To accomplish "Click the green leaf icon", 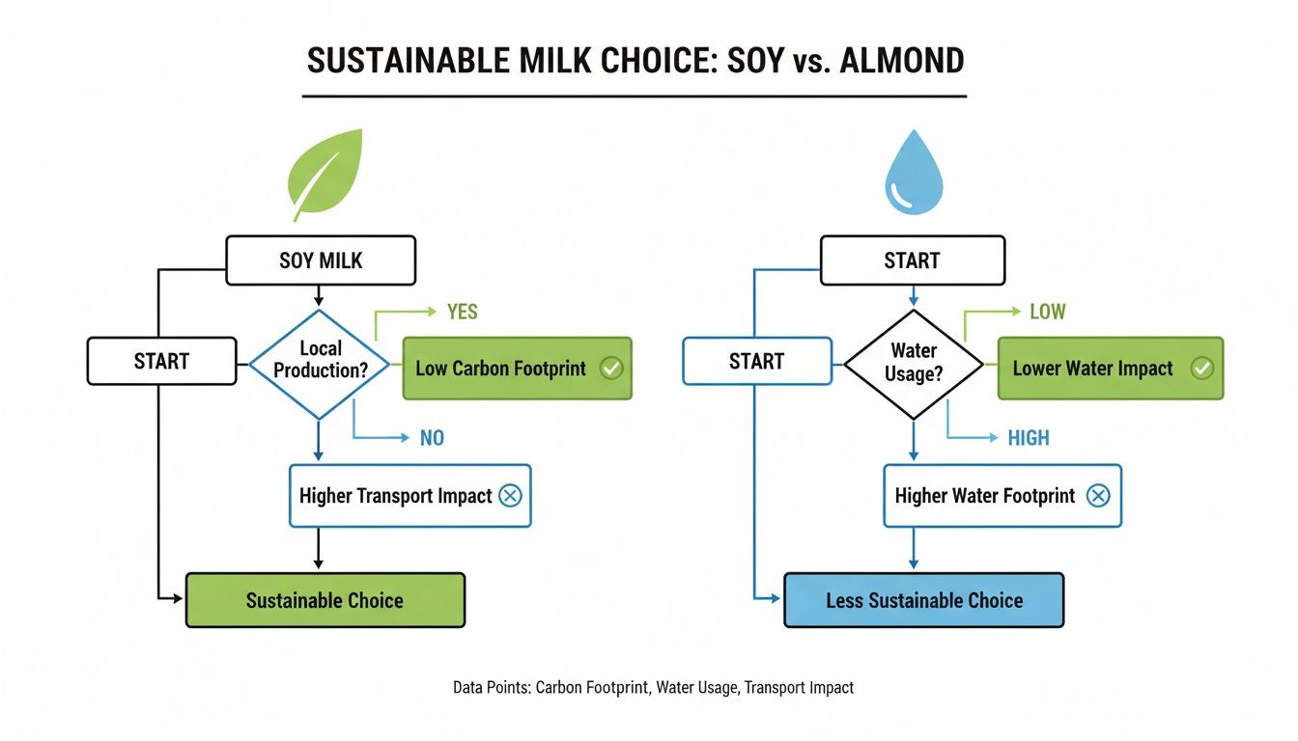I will (x=325, y=176).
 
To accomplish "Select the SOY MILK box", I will (x=321, y=261).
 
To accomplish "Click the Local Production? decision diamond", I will (x=320, y=365).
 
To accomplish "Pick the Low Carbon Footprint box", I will (x=517, y=369).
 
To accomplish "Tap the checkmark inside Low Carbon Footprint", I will (x=610, y=369).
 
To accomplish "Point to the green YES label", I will (x=462, y=312).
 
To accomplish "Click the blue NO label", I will (x=432, y=438).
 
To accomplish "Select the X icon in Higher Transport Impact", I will (x=509, y=496).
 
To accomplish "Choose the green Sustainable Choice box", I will (x=324, y=600).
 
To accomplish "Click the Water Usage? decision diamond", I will (x=914, y=364).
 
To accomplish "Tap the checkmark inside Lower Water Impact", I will (x=1201, y=369).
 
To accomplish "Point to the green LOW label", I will (x=1047, y=312).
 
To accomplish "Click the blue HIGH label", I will (x=1028, y=438).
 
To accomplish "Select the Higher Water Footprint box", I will (x=1002, y=496).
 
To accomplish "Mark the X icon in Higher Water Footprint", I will (x=1097, y=496).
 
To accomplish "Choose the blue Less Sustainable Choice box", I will (x=923, y=600).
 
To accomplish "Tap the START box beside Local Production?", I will (x=161, y=361).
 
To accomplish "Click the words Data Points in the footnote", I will (x=491, y=688).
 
